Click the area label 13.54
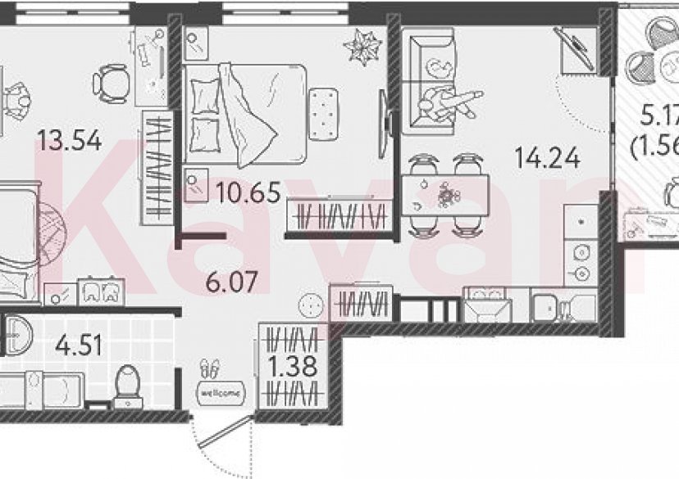pos(69,141)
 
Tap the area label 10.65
pos(249,193)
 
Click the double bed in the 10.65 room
pos(246,111)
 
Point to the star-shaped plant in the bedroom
pos(362,47)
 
